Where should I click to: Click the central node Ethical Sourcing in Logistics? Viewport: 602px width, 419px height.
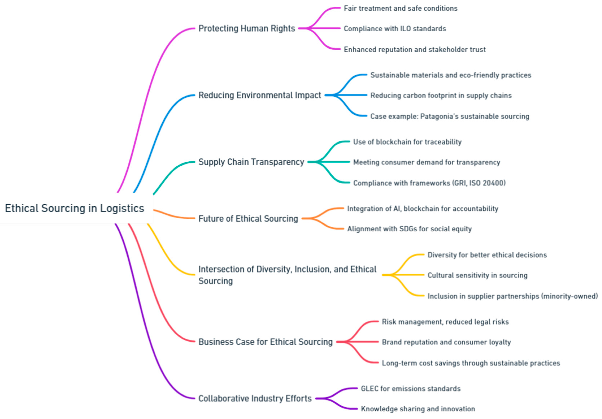tap(75, 208)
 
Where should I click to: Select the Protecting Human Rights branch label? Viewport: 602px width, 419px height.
tap(247, 28)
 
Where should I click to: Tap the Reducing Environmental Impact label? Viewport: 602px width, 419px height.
tap(259, 95)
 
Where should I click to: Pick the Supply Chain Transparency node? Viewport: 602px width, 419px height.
tap(251, 162)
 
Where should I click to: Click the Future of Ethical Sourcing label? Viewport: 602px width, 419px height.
tap(248, 219)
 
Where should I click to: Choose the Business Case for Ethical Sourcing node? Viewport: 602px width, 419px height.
tap(265, 342)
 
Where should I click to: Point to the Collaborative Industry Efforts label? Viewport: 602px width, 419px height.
tap(255, 399)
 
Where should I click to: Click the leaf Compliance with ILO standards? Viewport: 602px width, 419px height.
tap(395, 29)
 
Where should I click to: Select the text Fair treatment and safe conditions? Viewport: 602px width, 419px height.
tap(400, 8)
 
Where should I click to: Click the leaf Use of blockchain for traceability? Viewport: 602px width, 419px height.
tap(407, 142)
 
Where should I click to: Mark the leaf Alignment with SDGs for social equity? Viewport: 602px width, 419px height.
tap(409, 229)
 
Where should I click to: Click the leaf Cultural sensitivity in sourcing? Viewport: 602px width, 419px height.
tap(477, 275)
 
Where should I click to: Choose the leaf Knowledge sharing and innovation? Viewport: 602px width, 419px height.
tap(418, 409)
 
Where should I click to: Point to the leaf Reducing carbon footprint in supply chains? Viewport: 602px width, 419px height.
tap(441, 96)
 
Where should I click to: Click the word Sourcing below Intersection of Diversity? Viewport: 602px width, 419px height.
tap(215, 281)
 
